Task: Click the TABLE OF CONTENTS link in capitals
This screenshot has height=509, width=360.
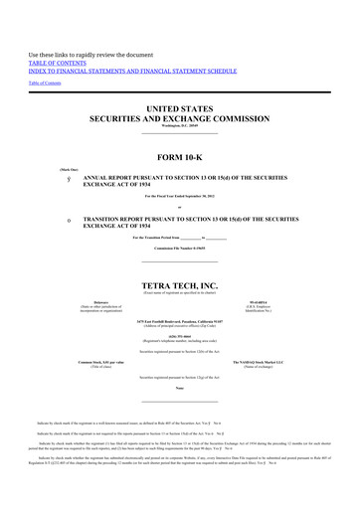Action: tap(60, 59)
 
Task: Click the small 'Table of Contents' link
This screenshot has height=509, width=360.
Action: tap(44, 84)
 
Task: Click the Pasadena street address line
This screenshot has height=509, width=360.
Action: tap(179, 322)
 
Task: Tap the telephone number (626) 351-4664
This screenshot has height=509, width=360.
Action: tap(179, 336)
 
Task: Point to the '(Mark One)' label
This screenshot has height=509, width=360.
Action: tap(49, 168)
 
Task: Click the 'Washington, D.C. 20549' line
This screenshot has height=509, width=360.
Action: tap(179, 125)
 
